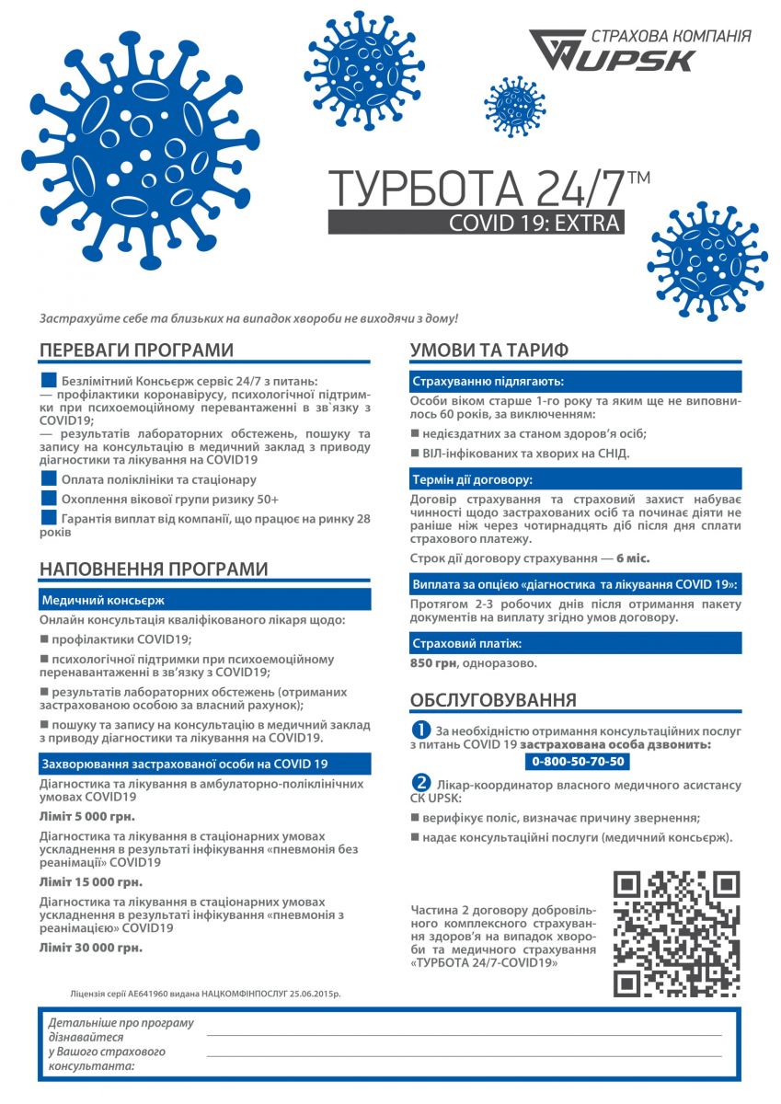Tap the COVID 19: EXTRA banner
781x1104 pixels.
476,222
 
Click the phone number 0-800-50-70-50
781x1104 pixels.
578,761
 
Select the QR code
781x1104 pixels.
676,934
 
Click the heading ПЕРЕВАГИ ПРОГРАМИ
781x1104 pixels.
136,351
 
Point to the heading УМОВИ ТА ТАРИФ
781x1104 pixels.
488,351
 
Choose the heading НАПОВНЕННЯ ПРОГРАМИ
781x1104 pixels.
154,569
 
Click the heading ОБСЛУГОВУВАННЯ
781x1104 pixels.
493,699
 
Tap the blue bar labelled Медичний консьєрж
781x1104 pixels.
204,600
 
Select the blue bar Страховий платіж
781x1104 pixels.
575,642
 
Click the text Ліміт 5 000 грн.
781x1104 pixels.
87,816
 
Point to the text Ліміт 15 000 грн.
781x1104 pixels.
91,881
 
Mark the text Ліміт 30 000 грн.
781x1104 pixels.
91,947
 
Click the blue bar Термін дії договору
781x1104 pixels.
575,479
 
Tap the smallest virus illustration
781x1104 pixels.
515,106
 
